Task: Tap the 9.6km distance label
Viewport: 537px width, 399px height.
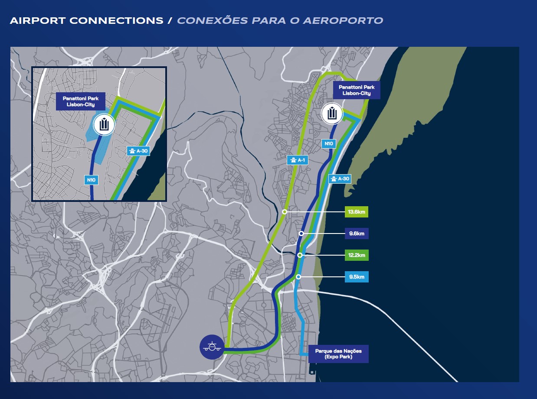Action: click(x=357, y=234)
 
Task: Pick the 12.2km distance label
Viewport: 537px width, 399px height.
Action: click(x=357, y=255)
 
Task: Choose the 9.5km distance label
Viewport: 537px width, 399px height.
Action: click(x=357, y=276)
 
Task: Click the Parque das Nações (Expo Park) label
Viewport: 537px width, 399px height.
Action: click(x=338, y=354)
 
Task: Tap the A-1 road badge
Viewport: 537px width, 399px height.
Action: click(x=298, y=160)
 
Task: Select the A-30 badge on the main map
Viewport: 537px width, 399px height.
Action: click(x=339, y=178)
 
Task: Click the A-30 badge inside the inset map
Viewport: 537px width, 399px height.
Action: click(x=138, y=151)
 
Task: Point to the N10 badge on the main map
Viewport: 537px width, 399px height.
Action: click(x=328, y=143)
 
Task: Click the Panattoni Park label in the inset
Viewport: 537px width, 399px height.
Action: click(x=78, y=102)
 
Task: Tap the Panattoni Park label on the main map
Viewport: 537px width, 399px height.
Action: click(x=357, y=90)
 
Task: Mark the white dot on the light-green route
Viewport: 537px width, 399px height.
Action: click(x=285, y=212)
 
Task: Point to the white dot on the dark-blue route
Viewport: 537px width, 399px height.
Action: click(x=301, y=234)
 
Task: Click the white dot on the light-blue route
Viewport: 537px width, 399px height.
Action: click(x=298, y=276)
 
